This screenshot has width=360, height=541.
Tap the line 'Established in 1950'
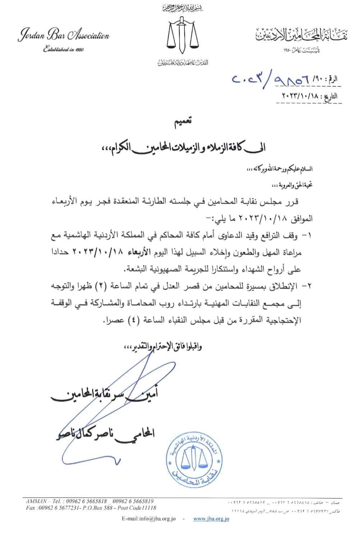pos(63,49)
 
